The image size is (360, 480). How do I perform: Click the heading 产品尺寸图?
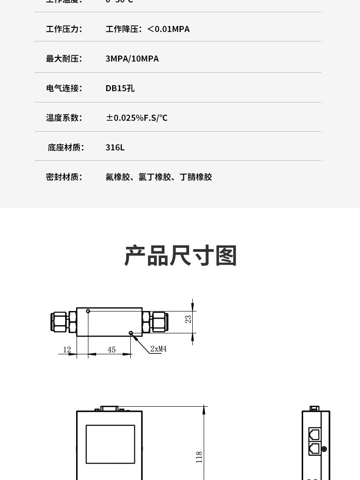click(x=181, y=255)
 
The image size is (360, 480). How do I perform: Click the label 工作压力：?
click(x=64, y=29)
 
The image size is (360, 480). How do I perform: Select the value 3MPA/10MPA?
click(x=132, y=59)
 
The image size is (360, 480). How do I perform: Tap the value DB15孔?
click(x=120, y=88)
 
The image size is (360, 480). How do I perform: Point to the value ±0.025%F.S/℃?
click(x=137, y=118)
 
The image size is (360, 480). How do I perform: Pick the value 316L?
click(x=115, y=148)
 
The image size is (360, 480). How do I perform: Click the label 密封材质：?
click(x=64, y=177)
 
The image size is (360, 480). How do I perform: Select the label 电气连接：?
click(x=64, y=88)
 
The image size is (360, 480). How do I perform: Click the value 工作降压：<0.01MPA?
click(x=148, y=29)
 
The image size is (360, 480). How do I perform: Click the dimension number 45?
click(x=112, y=350)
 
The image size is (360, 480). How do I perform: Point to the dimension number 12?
click(x=67, y=350)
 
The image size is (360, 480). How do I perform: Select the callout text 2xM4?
click(x=159, y=349)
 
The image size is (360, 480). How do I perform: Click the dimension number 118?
click(x=199, y=457)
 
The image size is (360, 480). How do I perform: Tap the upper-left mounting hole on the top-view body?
click(x=88, y=311)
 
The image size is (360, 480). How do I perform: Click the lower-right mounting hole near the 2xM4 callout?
click(x=131, y=333)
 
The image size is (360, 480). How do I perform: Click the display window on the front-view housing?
click(x=110, y=444)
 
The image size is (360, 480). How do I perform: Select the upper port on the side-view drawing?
click(x=314, y=434)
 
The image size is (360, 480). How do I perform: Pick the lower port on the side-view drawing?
click(x=314, y=449)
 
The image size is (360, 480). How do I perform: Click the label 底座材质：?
click(x=65, y=148)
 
